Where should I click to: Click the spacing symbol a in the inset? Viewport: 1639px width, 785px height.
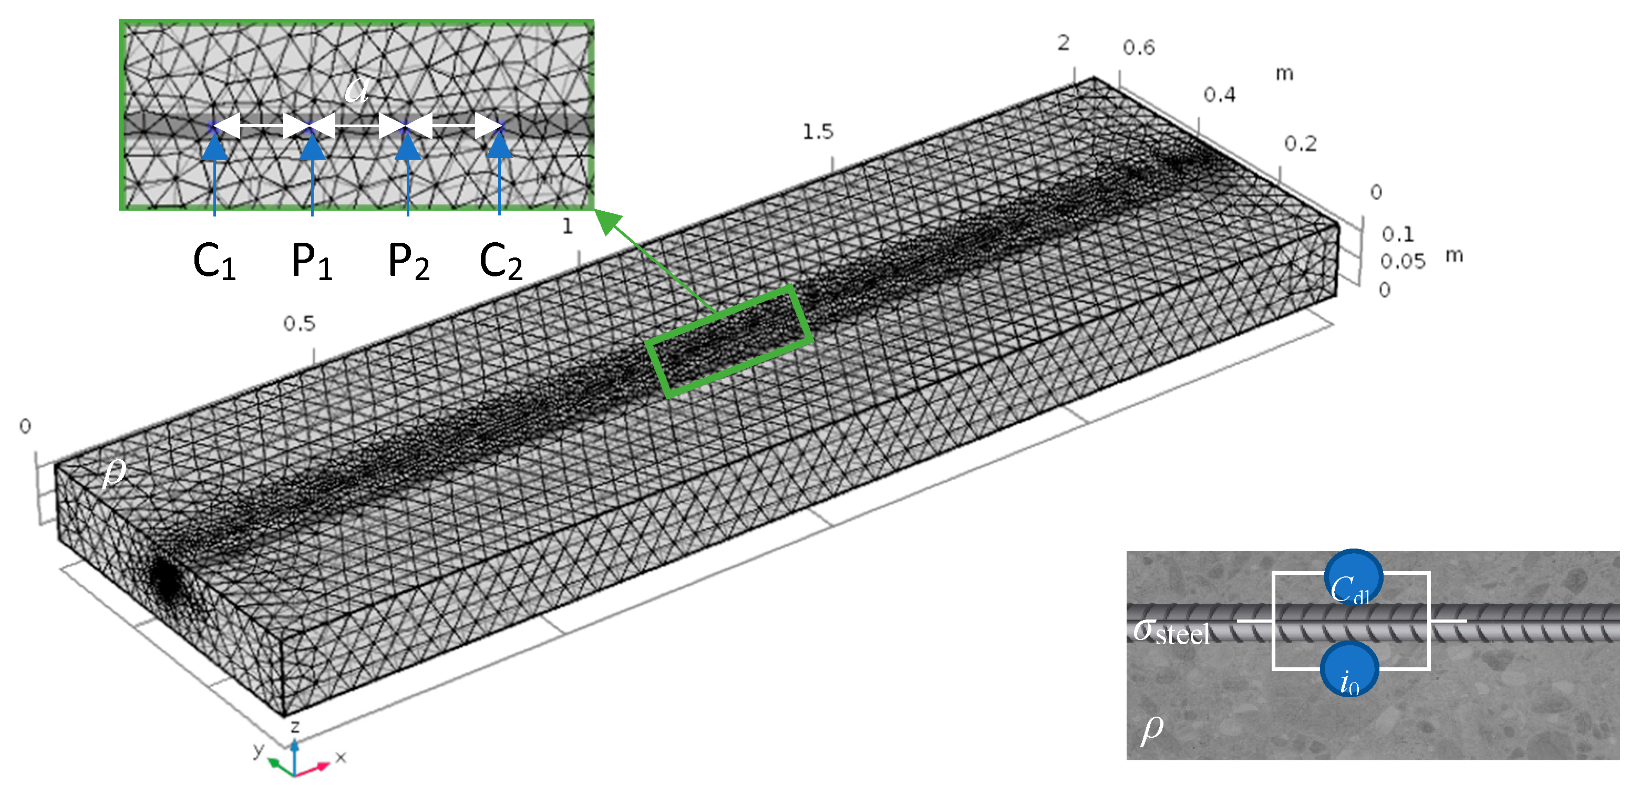coord(356,88)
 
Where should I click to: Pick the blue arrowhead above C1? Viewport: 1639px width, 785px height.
coord(214,146)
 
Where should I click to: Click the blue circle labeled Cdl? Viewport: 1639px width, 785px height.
coord(1353,577)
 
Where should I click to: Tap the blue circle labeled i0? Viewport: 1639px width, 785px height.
coord(1349,669)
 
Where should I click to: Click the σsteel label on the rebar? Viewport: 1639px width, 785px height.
coord(1171,632)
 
